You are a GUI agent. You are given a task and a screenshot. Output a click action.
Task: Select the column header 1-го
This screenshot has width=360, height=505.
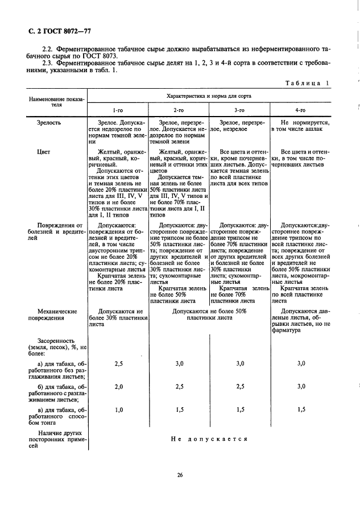tap(117, 110)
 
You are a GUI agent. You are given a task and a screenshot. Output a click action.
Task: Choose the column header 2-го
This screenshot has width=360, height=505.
tap(179, 110)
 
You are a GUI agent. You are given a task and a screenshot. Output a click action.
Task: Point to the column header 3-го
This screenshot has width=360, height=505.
tap(239, 110)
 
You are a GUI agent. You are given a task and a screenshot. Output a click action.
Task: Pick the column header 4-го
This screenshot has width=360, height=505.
tap(301, 110)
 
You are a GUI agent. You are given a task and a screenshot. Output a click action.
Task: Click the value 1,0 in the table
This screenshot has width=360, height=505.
tap(119, 409)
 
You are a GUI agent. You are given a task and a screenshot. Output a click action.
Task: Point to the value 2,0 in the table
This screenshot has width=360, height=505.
tap(119, 387)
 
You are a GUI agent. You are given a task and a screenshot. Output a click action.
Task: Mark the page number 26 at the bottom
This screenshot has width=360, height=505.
tap(179, 475)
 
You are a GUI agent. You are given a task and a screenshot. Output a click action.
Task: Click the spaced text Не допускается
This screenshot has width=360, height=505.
tap(209, 439)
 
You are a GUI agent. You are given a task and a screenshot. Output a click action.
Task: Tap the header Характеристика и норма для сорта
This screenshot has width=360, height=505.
tap(209, 96)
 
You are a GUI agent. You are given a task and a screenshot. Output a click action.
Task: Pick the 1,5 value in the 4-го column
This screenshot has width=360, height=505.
tap(301, 409)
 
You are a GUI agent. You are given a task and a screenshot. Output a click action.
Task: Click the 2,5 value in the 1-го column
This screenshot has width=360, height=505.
tap(119, 363)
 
